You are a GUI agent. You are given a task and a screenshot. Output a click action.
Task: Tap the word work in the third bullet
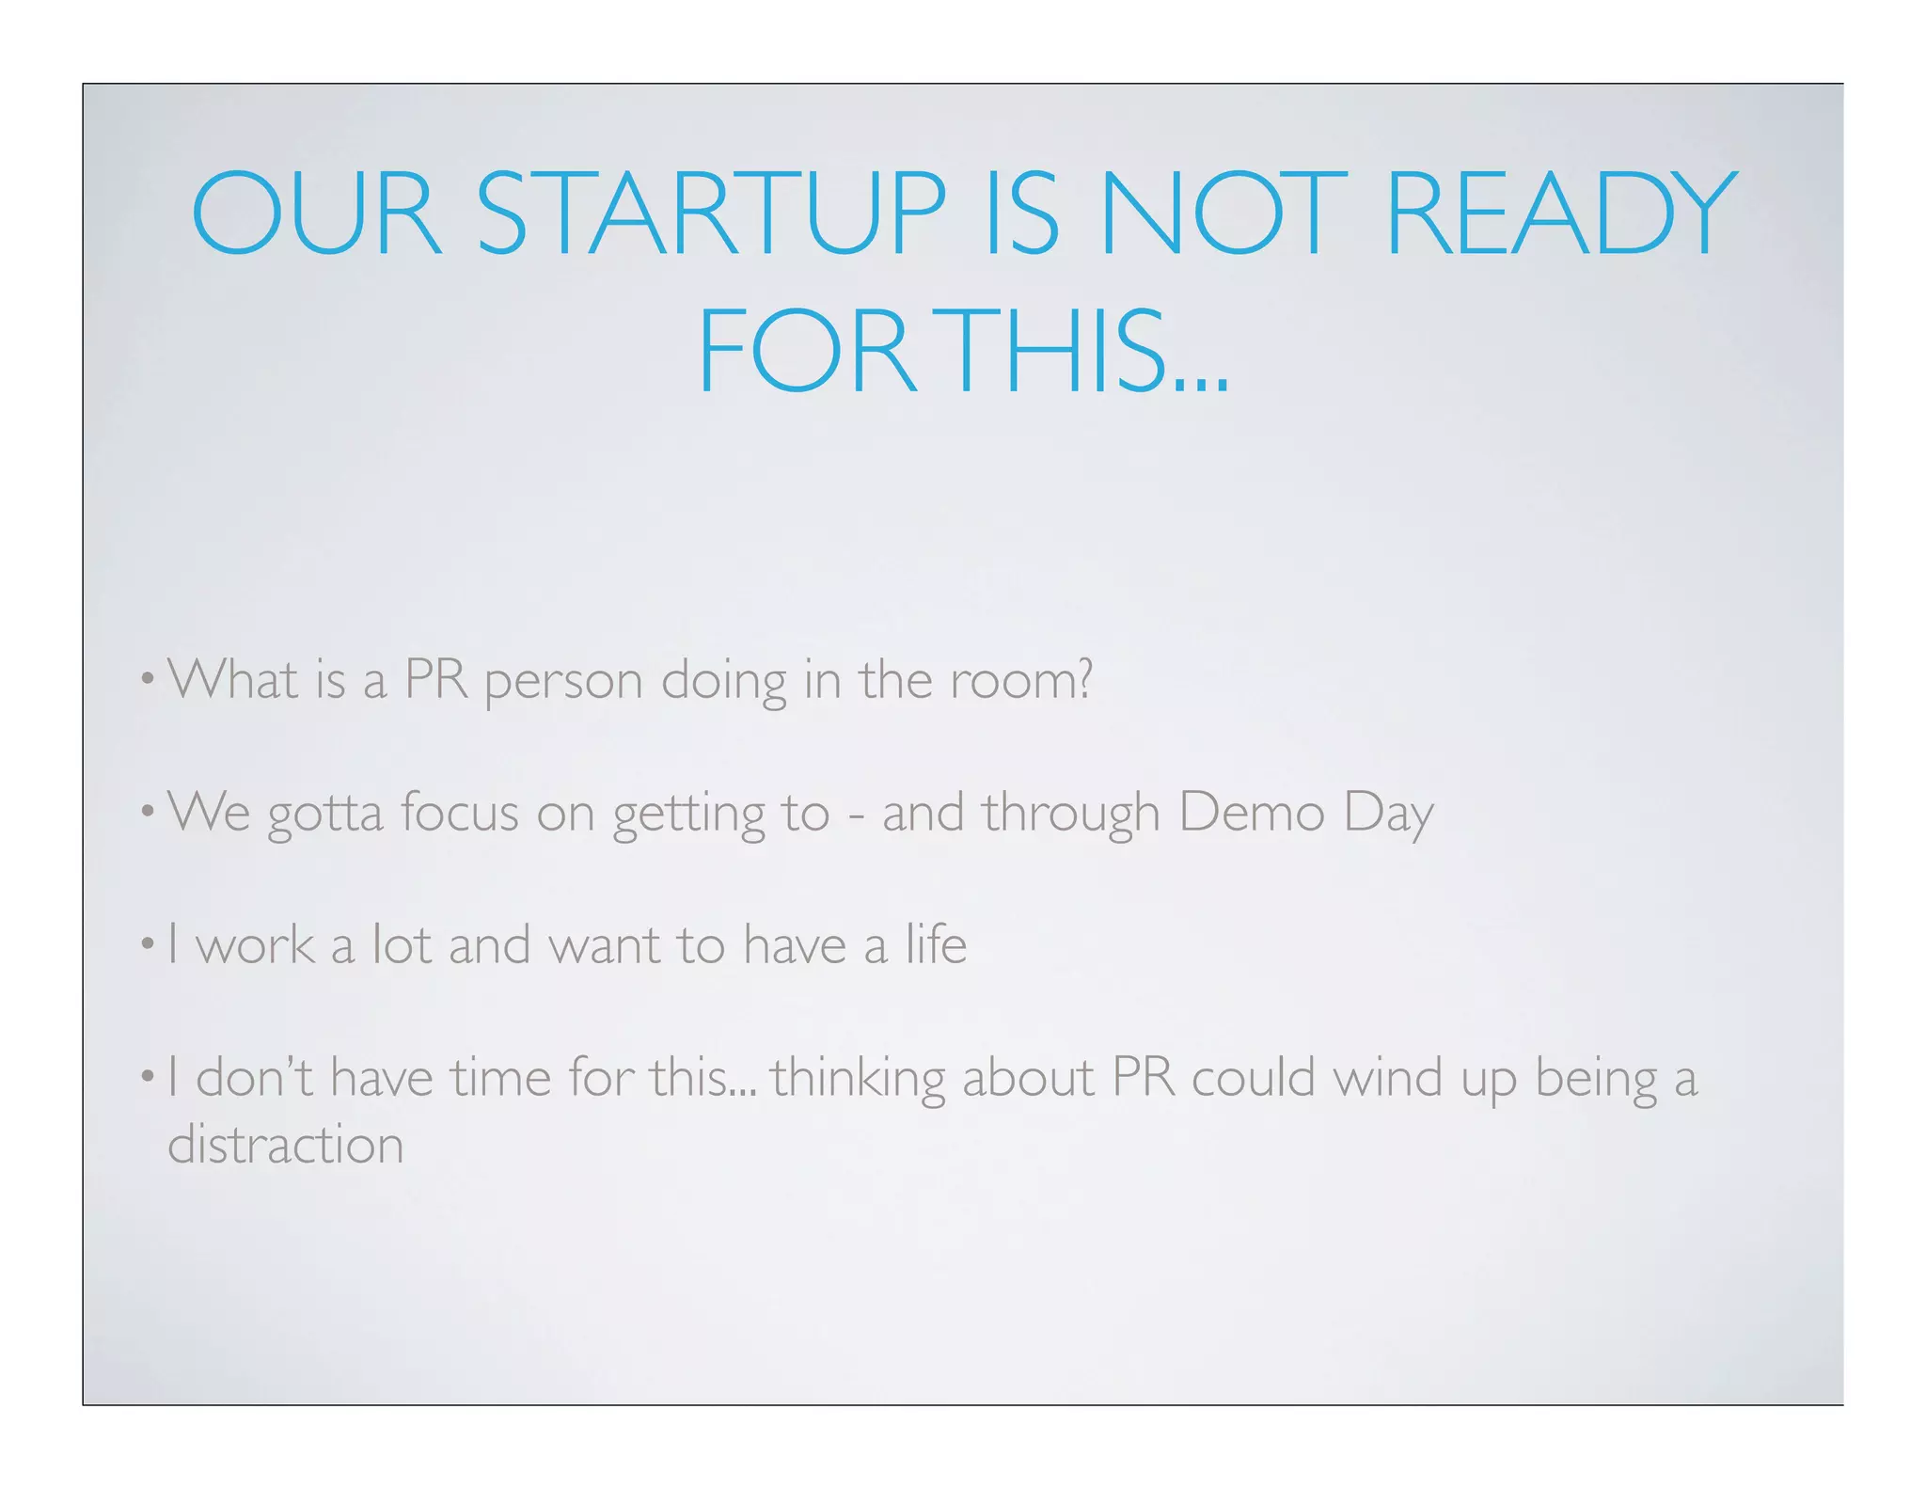[255, 943]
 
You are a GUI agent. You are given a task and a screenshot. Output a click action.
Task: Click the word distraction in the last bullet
[285, 1144]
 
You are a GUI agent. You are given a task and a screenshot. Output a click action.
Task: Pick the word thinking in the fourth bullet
[858, 1078]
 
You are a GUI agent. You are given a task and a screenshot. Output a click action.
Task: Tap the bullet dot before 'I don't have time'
[148, 1074]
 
